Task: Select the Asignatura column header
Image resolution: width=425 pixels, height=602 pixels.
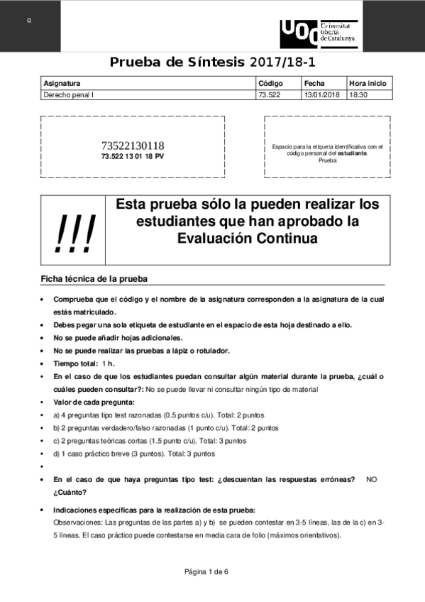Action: pos(62,82)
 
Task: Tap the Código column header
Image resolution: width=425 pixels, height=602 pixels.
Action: pos(270,82)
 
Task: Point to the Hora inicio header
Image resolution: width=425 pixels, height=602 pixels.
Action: pos(368,82)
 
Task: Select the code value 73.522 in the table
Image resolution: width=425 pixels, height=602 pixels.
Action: pos(270,94)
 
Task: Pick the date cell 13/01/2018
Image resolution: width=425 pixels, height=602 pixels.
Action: pos(322,94)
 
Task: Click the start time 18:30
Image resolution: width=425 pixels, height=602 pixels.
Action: pos(358,94)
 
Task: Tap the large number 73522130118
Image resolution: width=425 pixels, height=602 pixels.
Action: pos(133,146)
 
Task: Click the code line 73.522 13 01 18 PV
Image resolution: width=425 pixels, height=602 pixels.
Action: pos(133,156)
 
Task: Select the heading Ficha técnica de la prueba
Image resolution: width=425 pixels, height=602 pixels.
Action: pos(93,278)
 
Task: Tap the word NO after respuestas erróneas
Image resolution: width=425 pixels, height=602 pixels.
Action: pos(372,480)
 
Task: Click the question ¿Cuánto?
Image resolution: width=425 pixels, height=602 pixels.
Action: pos(70,492)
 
